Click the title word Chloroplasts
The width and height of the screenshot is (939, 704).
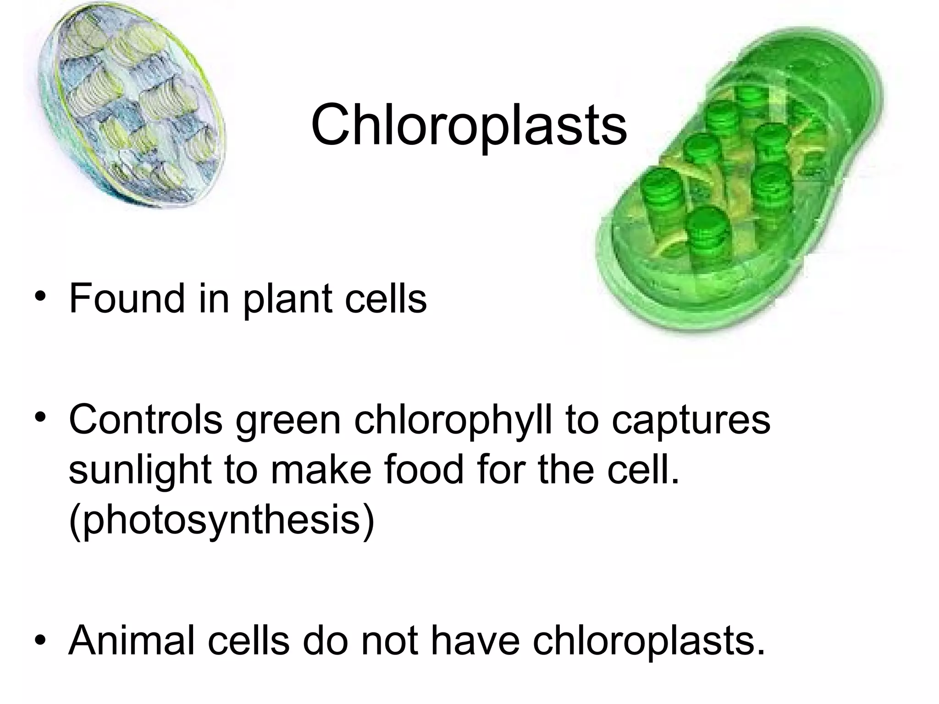469,125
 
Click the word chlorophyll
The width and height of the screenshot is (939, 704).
453,421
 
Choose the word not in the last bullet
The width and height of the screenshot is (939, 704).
389,641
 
